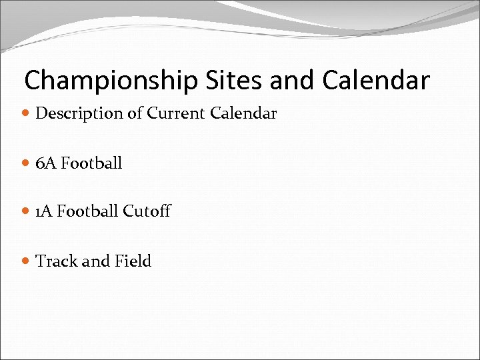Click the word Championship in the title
point(110,81)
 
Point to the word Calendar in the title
point(377,80)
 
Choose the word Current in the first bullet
point(176,113)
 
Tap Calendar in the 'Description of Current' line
point(243,113)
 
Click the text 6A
point(46,163)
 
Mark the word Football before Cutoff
point(87,211)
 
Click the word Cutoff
point(147,211)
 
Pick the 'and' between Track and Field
point(93,261)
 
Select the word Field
point(133,261)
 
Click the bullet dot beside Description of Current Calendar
point(26,114)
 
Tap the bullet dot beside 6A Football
point(26,163)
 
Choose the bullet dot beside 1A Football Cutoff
point(26,212)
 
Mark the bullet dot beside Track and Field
point(26,261)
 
